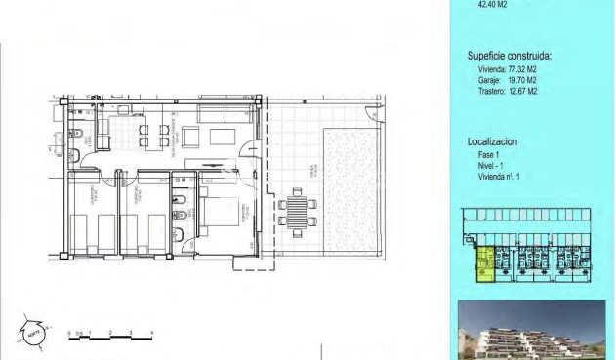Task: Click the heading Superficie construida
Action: pyautogui.click(x=510, y=56)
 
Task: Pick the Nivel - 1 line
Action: pyautogui.click(x=490, y=167)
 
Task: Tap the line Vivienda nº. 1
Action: pyautogui.click(x=498, y=177)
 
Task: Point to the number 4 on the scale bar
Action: pyautogui.click(x=151, y=334)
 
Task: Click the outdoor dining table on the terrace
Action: pyautogui.click(x=298, y=211)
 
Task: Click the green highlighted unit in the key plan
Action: pyautogui.click(x=483, y=264)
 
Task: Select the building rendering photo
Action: pyautogui.click(x=532, y=331)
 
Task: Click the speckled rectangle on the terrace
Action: pyautogui.click(x=348, y=187)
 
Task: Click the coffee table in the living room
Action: pyautogui.click(x=218, y=137)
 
